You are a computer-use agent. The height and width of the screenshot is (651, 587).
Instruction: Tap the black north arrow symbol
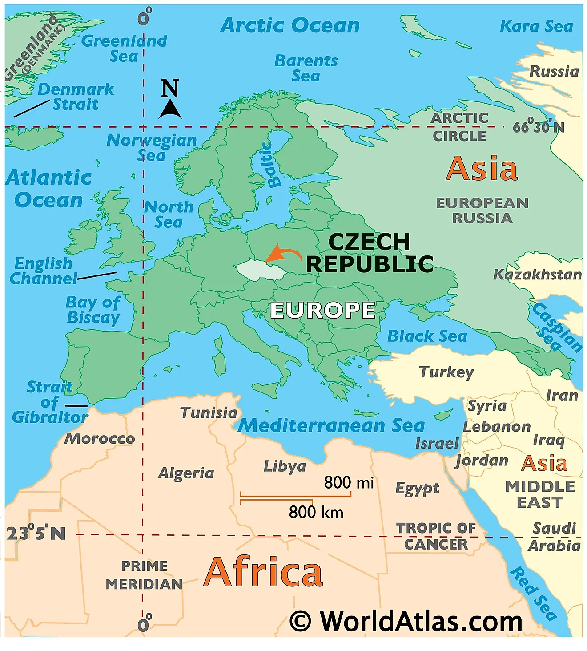pyautogui.click(x=170, y=109)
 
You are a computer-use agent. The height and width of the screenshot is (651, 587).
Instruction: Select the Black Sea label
pyautogui.click(x=427, y=336)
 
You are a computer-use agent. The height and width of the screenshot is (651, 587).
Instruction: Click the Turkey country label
pyautogui.click(x=446, y=372)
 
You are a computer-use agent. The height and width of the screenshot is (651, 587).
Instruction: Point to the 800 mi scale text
pyautogui.click(x=349, y=482)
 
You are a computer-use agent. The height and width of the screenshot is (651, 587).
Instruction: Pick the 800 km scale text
pyautogui.click(x=316, y=512)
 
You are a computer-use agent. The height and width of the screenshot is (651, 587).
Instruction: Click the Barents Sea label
pyautogui.click(x=306, y=68)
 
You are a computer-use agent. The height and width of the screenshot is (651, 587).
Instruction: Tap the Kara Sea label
pyautogui.click(x=536, y=27)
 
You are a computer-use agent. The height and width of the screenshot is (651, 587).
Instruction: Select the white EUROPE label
pyautogui.click(x=322, y=310)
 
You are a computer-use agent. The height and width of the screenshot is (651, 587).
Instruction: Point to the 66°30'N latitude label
pyautogui.click(x=538, y=127)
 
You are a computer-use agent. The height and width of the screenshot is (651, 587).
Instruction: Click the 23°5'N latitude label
pyautogui.click(x=36, y=533)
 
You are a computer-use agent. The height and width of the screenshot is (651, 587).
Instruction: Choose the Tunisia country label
pyautogui.click(x=209, y=412)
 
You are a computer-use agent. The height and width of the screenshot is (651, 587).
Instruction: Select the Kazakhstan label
pyautogui.click(x=537, y=275)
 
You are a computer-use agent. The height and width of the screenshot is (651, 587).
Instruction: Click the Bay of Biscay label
pyautogui.click(x=93, y=310)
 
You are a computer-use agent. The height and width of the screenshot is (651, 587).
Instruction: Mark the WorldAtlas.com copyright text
pyautogui.click(x=406, y=621)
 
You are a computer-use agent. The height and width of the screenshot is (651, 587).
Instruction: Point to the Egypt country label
pyautogui.click(x=417, y=489)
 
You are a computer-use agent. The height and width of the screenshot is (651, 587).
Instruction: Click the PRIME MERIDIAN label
pyautogui.click(x=144, y=575)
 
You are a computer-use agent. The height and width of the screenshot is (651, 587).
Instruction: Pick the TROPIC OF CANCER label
pyautogui.click(x=436, y=536)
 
